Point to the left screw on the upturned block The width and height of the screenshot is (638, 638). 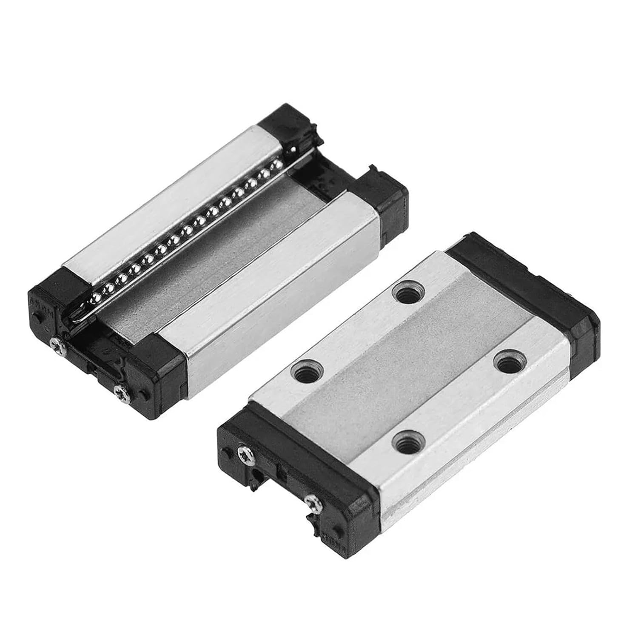coord(54,342)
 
